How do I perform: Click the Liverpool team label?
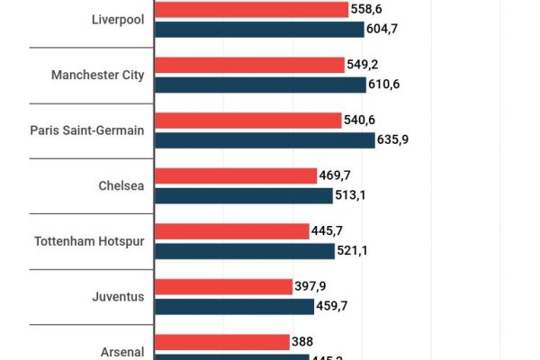point(117,19)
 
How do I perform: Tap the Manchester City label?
point(97,75)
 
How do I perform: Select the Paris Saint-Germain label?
point(86,130)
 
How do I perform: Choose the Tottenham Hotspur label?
point(88,241)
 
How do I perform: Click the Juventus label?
point(117,297)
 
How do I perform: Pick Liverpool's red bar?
point(252,9)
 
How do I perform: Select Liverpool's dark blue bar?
point(259,29)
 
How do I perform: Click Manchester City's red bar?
point(249,65)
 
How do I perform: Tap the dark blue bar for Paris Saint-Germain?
point(265,139)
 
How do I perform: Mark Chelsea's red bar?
point(237,175)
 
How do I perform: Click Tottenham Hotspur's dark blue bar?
point(245,251)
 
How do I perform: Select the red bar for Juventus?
point(224,287)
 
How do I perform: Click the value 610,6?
point(387,85)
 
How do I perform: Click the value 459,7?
point(335,307)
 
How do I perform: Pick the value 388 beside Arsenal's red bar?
point(302,342)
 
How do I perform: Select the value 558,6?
point(369,9)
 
